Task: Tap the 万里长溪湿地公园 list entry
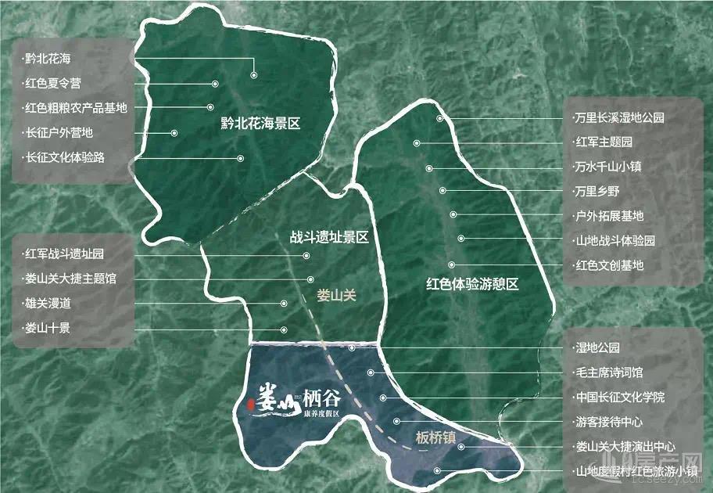point(618,118)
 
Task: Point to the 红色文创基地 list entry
point(609,265)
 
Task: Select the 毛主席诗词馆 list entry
point(609,372)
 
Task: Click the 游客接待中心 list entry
point(609,422)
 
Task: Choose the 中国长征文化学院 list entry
point(618,398)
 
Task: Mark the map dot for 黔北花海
point(254,75)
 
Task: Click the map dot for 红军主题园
point(417,143)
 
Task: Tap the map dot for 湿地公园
point(353,347)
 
